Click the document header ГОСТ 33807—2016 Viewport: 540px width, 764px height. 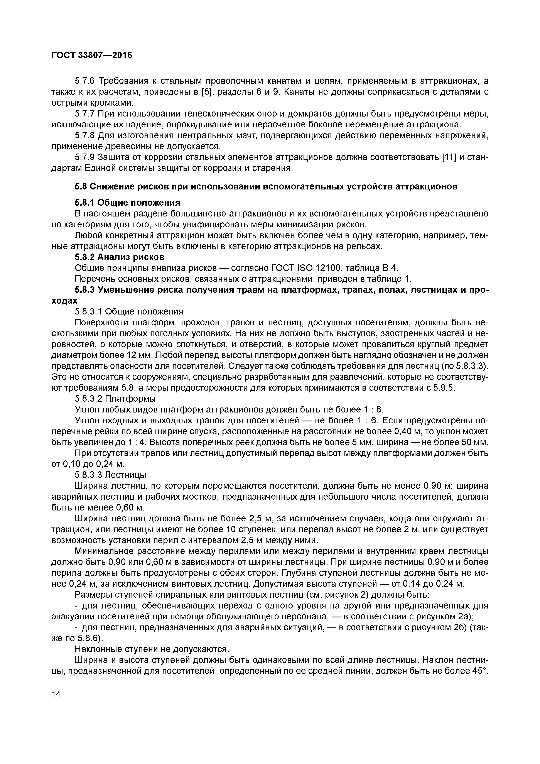click(92, 55)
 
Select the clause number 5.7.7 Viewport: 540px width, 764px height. click(85, 114)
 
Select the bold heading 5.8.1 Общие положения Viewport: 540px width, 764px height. click(127, 203)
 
